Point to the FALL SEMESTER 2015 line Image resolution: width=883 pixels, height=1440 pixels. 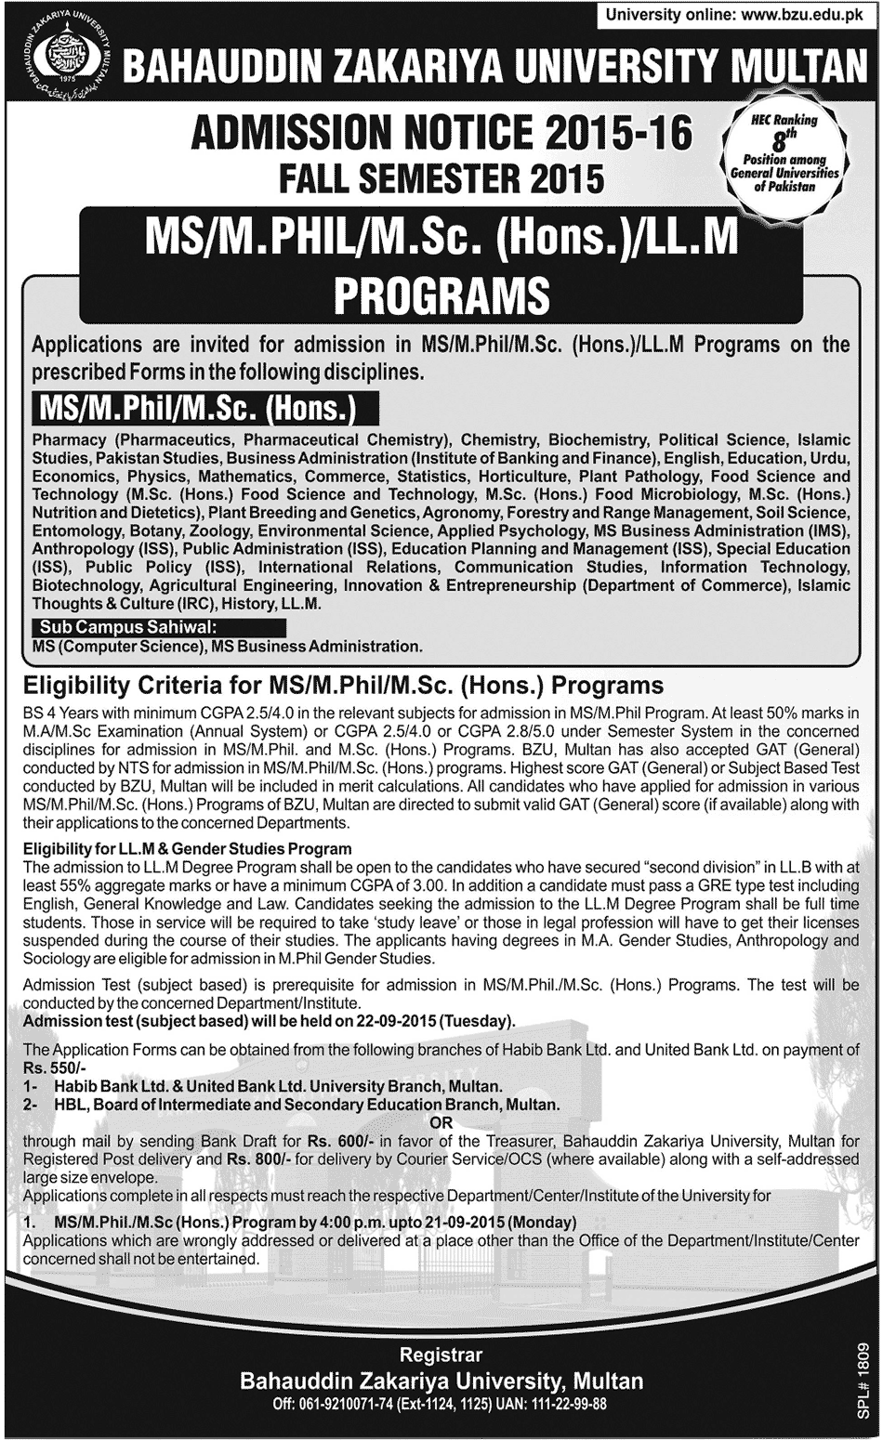[x=441, y=176]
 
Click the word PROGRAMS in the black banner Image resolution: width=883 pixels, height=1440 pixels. [x=441, y=296]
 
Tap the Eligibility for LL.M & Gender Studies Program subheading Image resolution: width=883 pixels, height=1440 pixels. [x=188, y=847]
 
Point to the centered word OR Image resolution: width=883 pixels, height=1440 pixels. [x=442, y=1121]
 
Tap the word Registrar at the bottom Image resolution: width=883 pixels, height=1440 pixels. [x=441, y=1355]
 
